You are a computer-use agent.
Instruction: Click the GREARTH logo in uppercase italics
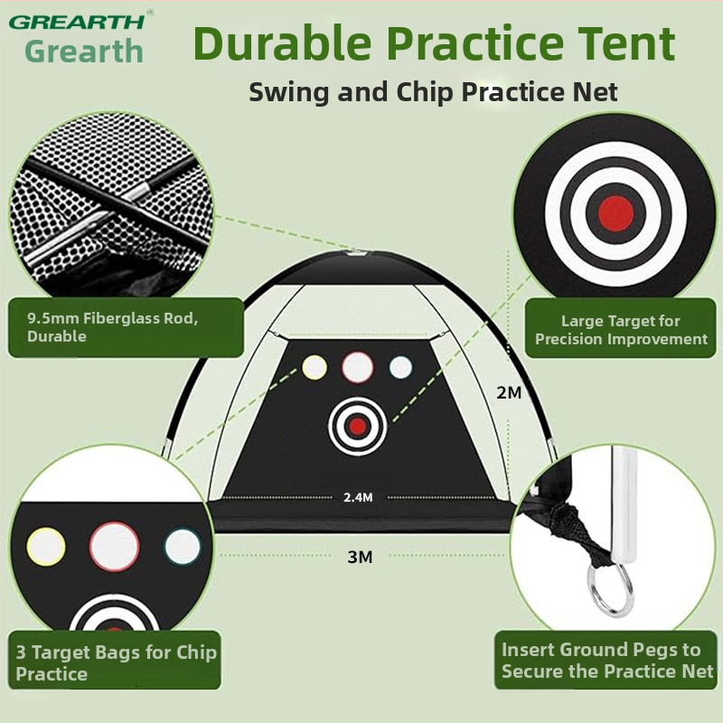77,22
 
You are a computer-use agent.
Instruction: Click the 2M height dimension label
509,392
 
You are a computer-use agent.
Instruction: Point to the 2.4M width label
358,497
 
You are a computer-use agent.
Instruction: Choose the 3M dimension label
360,557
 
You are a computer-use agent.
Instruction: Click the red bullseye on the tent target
357,427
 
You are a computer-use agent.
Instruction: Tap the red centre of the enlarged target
615,213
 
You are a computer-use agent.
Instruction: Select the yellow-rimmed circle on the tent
315,368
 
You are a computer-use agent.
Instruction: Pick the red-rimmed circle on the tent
357,367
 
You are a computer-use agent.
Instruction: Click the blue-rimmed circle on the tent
400,368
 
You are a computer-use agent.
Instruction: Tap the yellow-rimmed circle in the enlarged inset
46,547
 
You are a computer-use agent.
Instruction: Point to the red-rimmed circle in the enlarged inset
115,547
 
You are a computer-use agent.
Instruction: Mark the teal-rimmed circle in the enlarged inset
183,547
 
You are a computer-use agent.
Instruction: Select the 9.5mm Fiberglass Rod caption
112,327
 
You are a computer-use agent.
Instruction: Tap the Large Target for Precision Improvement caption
621,330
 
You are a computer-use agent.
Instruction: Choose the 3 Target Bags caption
117,662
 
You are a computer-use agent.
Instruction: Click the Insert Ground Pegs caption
607,661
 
